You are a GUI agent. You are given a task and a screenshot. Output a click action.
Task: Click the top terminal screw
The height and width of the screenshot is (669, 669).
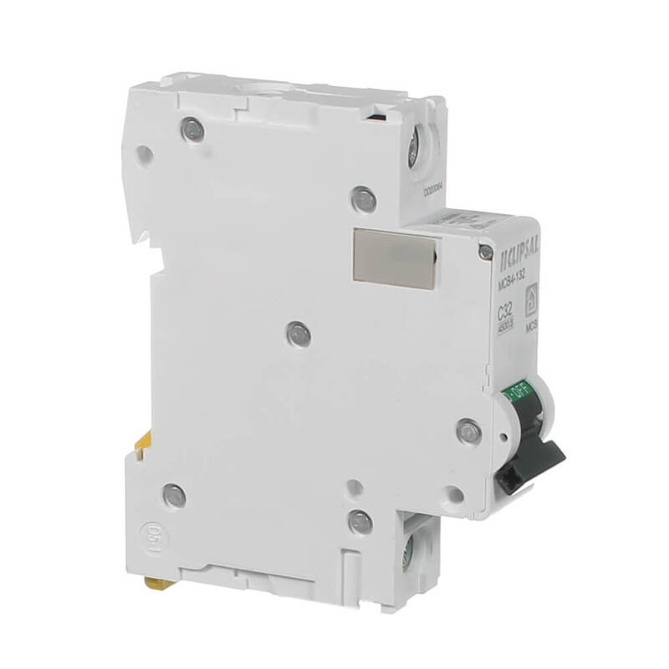412,151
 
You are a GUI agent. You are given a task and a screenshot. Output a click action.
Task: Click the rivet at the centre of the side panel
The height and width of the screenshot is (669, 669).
294,334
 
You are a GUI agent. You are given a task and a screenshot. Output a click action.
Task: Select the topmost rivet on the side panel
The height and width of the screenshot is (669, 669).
192,130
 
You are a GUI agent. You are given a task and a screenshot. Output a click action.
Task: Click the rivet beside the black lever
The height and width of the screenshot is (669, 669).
468,431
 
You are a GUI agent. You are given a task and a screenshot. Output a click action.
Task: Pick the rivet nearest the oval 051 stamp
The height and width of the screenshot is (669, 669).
174,495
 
